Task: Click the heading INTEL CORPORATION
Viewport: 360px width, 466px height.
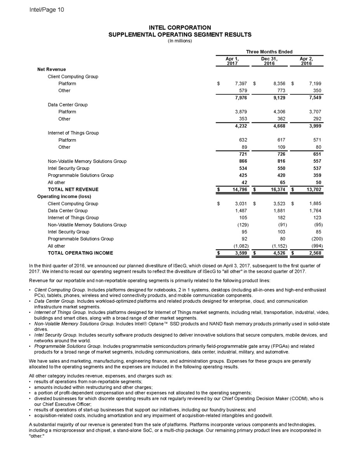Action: (180, 28)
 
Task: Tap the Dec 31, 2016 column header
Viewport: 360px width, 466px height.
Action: (270, 61)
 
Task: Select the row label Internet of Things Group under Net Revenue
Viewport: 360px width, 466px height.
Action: (73, 133)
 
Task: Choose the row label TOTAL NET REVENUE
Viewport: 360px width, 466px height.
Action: (73, 190)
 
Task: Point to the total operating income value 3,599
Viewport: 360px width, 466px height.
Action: (241, 253)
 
